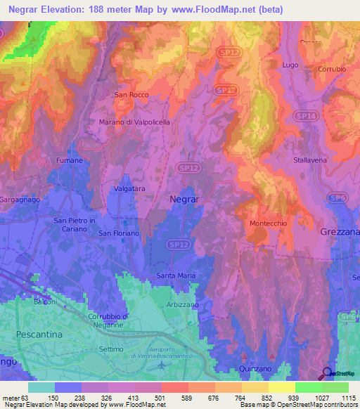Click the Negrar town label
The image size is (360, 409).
[x=185, y=199]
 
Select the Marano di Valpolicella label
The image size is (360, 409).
[x=134, y=122]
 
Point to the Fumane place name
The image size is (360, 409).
[x=70, y=160]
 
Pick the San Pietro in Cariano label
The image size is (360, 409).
[x=75, y=224]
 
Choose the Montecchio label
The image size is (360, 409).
[x=267, y=223]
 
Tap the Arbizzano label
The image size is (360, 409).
[x=183, y=304]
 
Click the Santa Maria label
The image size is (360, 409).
[x=176, y=275]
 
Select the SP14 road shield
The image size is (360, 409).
[x=305, y=115]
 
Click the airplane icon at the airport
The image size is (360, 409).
[x=163, y=364]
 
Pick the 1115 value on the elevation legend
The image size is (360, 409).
[x=348, y=397]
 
